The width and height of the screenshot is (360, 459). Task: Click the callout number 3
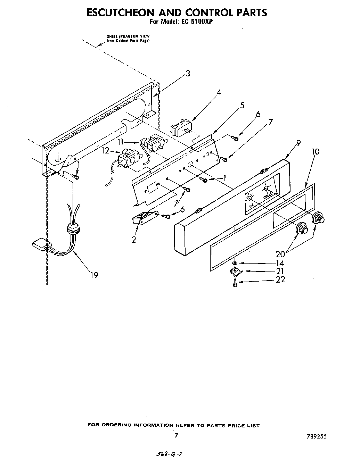[188, 74]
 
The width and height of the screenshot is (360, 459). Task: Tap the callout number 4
[219, 92]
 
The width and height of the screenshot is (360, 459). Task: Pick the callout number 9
[298, 142]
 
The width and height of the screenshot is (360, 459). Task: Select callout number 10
[316, 152]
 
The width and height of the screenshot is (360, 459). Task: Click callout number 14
[280, 264]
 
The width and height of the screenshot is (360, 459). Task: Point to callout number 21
[280, 272]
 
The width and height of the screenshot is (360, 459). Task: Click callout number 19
[94, 275]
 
